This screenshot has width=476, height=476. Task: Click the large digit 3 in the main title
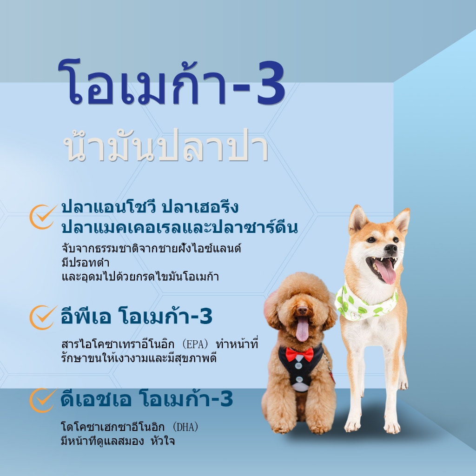(271, 83)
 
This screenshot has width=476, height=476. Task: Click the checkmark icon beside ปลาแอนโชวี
(43, 217)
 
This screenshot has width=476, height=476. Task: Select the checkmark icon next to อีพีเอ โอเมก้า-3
(43, 317)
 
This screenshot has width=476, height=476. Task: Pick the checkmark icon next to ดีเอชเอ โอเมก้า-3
(43, 400)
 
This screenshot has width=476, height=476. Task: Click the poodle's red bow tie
(299, 354)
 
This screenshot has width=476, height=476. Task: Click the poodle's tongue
(302, 329)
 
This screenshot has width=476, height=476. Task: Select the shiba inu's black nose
(391, 249)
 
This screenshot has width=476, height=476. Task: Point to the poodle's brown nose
(302, 310)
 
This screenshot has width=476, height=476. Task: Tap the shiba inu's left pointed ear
(357, 218)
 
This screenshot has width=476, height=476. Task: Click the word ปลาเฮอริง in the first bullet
(200, 207)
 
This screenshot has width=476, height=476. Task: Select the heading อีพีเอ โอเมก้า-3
(137, 316)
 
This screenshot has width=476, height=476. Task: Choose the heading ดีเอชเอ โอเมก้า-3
(147, 399)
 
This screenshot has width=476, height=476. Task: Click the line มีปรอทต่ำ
(86, 263)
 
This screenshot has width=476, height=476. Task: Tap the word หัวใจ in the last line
(162, 441)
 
